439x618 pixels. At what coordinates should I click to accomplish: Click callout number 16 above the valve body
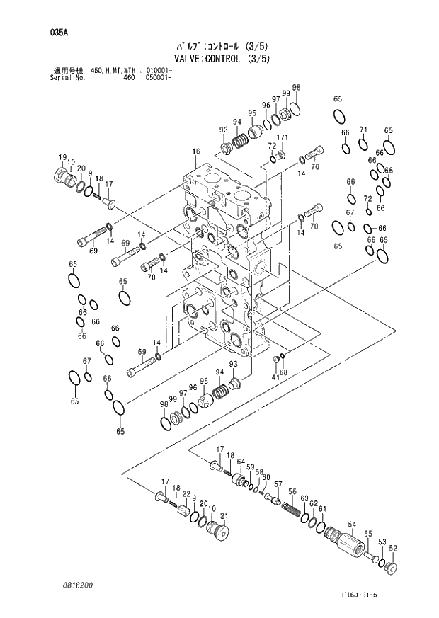[x=196, y=151]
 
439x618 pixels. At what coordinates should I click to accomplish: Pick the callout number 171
[x=283, y=137]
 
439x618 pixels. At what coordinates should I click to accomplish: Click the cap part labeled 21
[x=219, y=531]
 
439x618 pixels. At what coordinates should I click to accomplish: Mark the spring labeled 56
[x=290, y=508]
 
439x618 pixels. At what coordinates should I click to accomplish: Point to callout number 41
[x=275, y=378]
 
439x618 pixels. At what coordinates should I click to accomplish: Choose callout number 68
[x=284, y=372]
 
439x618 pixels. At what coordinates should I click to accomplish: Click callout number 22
[x=185, y=493]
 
